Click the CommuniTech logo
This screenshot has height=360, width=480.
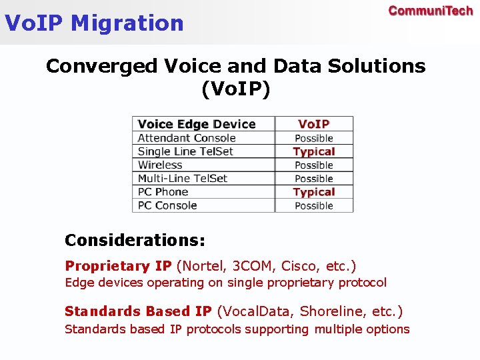click(x=430, y=11)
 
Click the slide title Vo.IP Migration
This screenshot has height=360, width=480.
click(x=94, y=23)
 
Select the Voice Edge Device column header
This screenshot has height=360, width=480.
click(x=197, y=124)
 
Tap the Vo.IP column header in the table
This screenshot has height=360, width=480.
click(x=313, y=124)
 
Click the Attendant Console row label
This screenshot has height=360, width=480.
click(x=187, y=138)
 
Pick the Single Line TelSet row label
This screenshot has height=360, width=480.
click(x=185, y=151)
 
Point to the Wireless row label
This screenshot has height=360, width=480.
click(x=160, y=165)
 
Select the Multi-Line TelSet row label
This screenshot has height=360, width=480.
click(x=183, y=178)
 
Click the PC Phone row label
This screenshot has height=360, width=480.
click(x=163, y=192)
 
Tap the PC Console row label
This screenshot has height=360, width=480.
click(x=167, y=205)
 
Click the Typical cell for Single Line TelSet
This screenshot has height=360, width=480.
click(x=313, y=151)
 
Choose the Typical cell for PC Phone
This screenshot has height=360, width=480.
click(x=313, y=192)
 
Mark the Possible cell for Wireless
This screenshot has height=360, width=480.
click(x=313, y=165)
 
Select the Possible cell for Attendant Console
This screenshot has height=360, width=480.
click(x=313, y=138)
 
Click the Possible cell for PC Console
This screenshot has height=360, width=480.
click(x=313, y=205)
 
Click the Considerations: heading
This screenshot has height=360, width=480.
click(x=135, y=239)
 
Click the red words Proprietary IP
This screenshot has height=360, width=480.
click(x=118, y=266)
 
